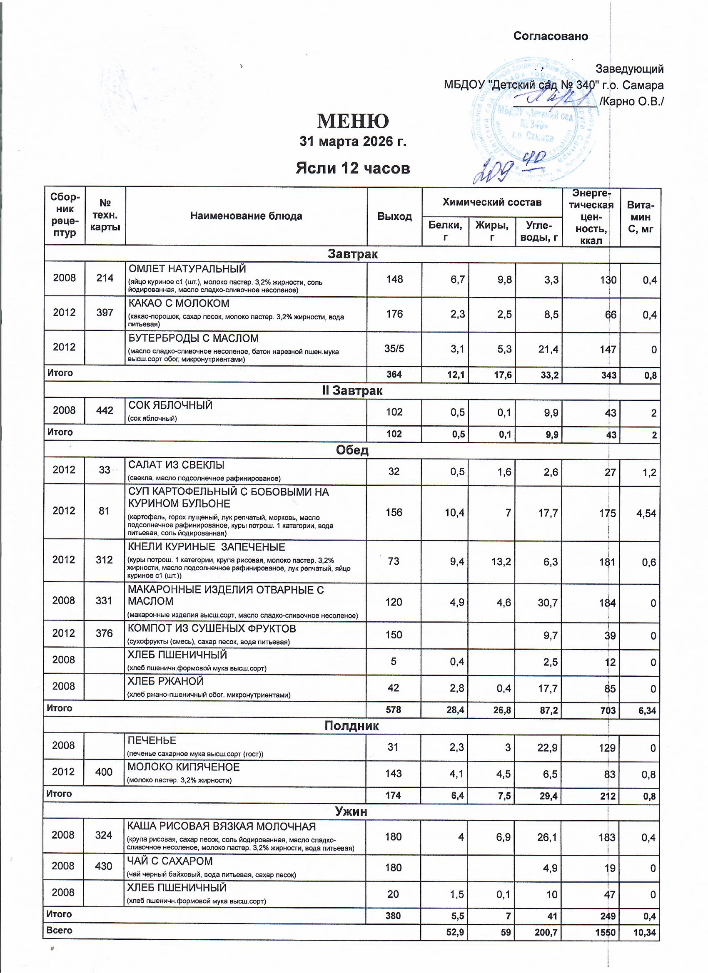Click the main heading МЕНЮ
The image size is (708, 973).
point(353,122)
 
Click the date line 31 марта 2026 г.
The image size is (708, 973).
point(353,141)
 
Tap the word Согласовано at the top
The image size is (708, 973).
point(551,36)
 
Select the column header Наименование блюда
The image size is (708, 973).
point(246,216)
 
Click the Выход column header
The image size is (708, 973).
point(394,216)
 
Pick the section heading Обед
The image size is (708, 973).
point(352,450)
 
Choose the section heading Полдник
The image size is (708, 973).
point(351,725)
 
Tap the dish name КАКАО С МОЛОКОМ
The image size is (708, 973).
point(179,303)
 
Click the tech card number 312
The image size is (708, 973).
point(105,559)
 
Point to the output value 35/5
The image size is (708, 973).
point(394,348)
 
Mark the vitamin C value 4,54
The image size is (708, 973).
point(646,513)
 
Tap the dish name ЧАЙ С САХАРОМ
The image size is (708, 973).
point(170,861)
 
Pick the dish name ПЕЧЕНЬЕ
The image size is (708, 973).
point(152,740)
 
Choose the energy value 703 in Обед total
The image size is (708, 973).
point(608,710)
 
